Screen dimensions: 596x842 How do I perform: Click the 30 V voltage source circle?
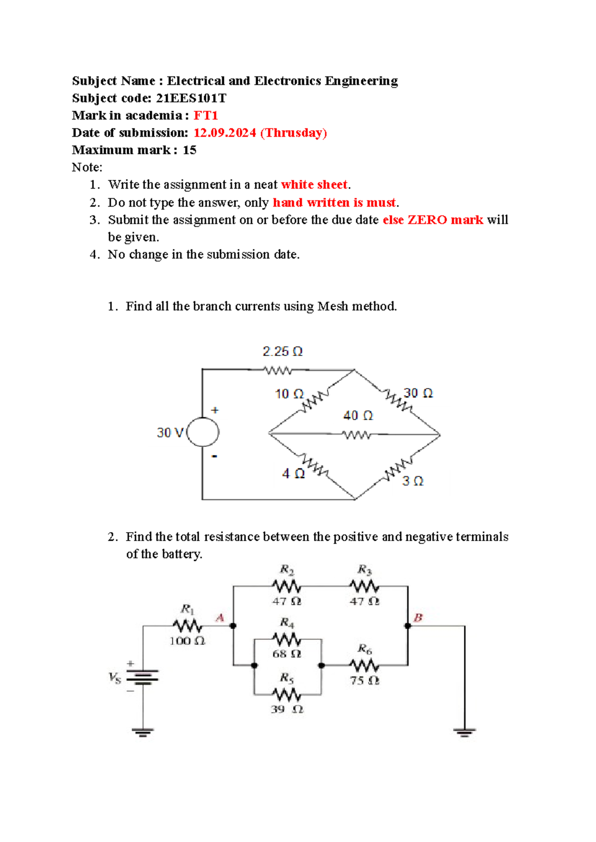coord(202,432)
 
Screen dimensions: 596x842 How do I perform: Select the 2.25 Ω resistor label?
coord(282,351)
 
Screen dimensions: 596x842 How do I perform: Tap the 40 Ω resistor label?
coord(358,416)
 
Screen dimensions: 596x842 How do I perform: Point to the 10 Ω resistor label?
coord(289,394)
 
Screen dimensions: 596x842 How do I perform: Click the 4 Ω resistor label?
coord(293,474)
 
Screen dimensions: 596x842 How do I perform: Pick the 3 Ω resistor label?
coord(413,481)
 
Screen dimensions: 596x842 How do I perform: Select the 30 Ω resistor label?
coord(418,393)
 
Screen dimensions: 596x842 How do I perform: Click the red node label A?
coord(220,618)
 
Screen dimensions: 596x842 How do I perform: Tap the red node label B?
coord(418,618)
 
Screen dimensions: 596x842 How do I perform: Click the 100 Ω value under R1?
coord(187,641)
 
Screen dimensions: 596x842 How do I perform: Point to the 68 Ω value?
coord(287,654)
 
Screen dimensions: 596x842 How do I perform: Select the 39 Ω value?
coord(287,709)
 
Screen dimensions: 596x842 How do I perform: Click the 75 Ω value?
coord(365,681)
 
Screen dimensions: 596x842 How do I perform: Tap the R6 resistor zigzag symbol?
coord(364,665)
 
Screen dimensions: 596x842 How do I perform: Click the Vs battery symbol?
coord(143,677)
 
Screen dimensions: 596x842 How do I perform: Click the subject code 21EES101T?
coord(191,98)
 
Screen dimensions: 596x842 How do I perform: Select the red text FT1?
coord(206,116)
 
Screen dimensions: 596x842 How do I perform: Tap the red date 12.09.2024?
coord(224,133)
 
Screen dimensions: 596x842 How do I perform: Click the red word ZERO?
coord(427,220)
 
